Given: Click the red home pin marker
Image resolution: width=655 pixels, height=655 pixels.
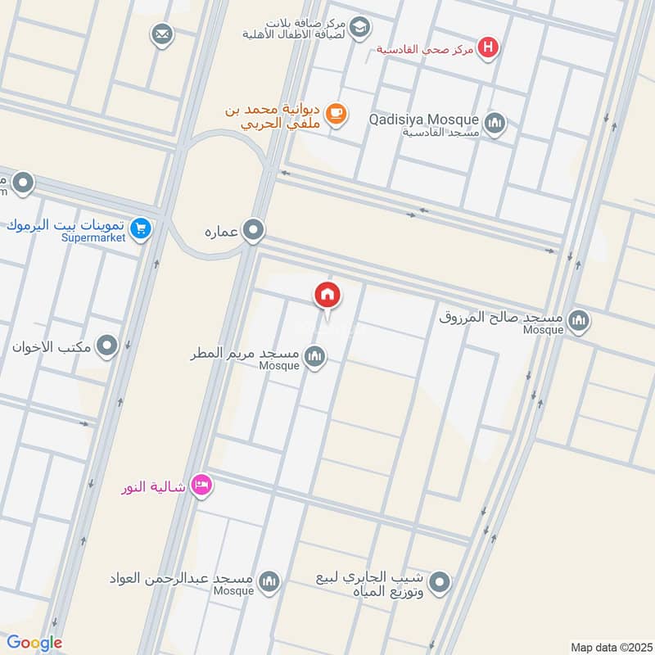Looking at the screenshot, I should [x=327, y=295].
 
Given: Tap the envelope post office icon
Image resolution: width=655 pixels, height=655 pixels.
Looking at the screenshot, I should [x=161, y=34].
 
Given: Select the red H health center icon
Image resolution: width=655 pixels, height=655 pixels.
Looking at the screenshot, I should [x=489, y=48].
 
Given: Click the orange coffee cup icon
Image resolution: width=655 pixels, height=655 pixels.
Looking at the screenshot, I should [x=335, y=115].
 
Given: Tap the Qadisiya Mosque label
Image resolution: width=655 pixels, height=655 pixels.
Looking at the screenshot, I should [x=423, y=120].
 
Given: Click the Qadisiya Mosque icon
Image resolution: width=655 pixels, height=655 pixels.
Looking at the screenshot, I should [x=495, y=124].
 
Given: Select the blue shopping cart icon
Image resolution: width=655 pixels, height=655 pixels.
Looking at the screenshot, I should [x=141, y=229].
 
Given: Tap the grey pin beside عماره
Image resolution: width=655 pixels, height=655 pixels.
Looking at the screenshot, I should [x=254, y=231].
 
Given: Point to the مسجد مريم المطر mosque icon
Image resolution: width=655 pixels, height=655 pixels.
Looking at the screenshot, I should [x=314, y=357].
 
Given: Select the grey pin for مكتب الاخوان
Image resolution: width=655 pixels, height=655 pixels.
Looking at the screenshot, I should [x=106, y=346].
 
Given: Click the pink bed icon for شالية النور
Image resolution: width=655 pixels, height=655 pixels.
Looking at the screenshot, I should [x=201, y=487].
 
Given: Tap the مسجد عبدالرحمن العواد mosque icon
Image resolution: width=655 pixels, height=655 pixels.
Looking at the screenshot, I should [x=269, y=582].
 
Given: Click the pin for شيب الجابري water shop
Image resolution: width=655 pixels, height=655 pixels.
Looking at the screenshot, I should [x=440, y=584].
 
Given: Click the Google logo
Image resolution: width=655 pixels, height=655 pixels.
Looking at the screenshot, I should [x=35, y=642].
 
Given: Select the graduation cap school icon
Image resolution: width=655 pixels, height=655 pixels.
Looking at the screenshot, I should [x=359, y=28].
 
